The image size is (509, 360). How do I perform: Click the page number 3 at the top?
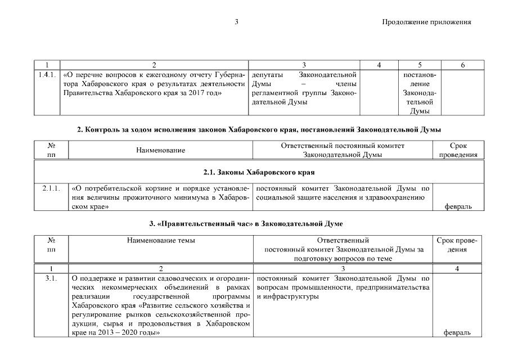(x=237, y=22)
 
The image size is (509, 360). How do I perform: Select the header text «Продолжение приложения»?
(x=426, y=22)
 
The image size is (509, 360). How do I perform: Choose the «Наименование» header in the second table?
(x=160, y=150)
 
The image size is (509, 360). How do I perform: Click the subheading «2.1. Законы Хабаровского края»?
(x=258, y=171)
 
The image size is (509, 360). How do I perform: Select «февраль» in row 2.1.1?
(x=458, y=206)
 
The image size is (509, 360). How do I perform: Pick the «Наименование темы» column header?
(x=161, y=240)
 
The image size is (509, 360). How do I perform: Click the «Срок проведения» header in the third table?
(x=458, y=245)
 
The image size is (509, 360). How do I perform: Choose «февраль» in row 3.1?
(x=458, y=333)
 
